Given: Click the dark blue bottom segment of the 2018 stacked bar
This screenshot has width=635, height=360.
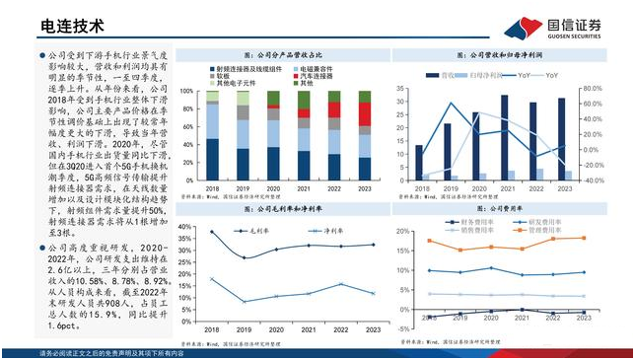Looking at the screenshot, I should [x=212, y=159].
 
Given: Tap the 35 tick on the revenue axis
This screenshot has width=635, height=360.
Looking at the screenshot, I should [x=402, y=88].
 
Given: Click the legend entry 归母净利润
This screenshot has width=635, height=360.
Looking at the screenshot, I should [x=487, y=75].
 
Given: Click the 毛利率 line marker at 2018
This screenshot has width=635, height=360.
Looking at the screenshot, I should [x=211, y=232].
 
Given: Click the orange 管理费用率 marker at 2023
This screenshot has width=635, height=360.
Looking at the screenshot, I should [x=584, y=238].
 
